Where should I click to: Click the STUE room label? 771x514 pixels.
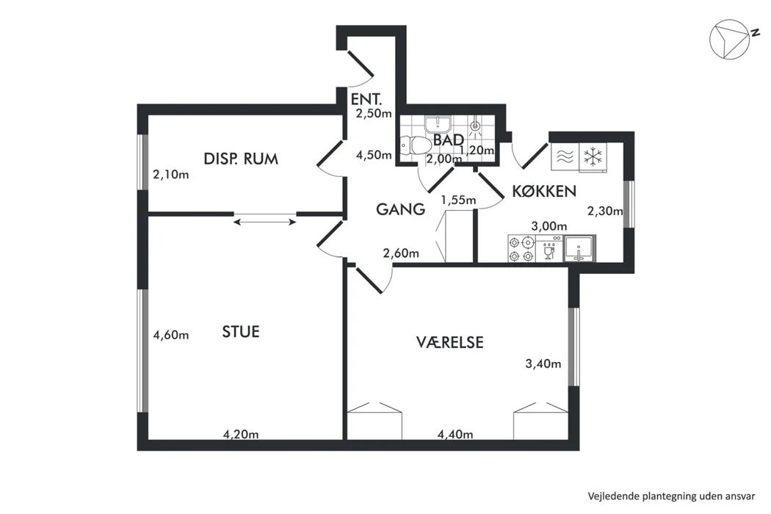coord(240,332)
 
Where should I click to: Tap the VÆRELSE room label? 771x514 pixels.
coord(450,342)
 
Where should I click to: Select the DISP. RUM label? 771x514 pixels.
coord(241,159)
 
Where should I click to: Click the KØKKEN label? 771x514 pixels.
coord(544,191)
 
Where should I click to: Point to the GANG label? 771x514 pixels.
coord(401,209)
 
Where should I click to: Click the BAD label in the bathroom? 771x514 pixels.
coord(449,140)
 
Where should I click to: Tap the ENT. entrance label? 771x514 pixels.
coord(366,99)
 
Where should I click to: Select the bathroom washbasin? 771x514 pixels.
coord(437,124)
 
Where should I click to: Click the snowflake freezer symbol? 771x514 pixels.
coord(593,157)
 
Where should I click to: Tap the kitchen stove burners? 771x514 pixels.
coord(521,249)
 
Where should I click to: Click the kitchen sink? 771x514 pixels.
coord(579,248)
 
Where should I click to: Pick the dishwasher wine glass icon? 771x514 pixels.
coord(549,252)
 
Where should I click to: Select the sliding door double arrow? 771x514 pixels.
coord(264,222)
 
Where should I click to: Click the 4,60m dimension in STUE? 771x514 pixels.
coord(171,335)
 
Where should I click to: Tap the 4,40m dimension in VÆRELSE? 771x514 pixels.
coord(455,434)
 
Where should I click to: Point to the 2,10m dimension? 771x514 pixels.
coord(171,174)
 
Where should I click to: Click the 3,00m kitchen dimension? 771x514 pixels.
coord(549,226)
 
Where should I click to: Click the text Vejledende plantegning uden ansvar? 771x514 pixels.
coord(672,496)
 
